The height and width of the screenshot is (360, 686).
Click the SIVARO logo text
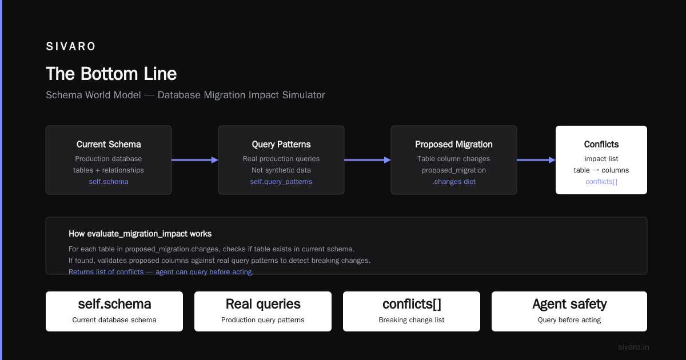(x=70, y=46)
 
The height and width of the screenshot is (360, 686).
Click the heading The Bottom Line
(x=111, y=74)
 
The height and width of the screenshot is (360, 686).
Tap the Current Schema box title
(x=109, y=144)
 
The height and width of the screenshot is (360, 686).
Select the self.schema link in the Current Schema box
(x=109, y=182)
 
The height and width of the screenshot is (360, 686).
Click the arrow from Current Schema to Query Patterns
(x=195, y=160)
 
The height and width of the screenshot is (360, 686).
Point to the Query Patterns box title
(x=281, y=144)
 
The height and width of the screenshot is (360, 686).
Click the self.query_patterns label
(x=281, y=182)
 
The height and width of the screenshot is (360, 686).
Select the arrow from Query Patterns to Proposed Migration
(x=368, y=160)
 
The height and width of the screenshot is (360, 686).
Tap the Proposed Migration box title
(x=454, y=144)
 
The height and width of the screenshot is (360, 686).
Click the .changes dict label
(x=454, y=182)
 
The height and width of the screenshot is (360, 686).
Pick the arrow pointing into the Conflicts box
(x=536, y=160)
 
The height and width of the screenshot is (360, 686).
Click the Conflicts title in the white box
(x=601, y=144)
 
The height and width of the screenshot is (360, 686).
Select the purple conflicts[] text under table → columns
(x=601, y=182)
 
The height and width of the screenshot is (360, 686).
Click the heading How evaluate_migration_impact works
(x=140, y=234)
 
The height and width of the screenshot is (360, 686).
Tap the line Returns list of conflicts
(x=161, y=272)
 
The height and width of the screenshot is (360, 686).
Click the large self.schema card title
(x=114, y=304)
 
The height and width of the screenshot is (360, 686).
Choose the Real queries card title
(x=263, y=304)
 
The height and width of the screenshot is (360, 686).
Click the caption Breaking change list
(x=411, y=320)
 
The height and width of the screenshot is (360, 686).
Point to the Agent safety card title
(x=569, y=304)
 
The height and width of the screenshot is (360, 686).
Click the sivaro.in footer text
(x=633, y=347)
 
